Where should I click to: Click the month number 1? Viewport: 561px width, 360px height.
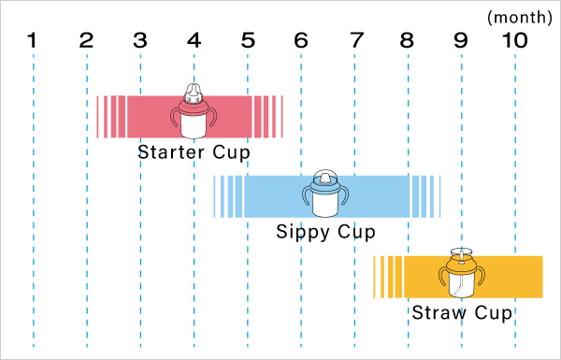(x=32, y=40)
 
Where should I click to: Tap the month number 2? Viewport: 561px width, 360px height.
(x=86, y=40)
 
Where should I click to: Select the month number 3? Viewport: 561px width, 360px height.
(x=140, y=40)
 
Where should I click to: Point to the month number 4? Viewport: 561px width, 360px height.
(x=194, y=40)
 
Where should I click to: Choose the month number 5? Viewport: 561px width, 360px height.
(x=248, y=40)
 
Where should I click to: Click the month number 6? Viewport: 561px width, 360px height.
(x=301, y=40)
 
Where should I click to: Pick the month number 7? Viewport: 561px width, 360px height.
(x=357, y=40)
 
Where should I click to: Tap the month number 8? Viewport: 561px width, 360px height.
(x=407, y=40)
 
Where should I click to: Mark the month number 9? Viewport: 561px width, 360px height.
(x=461, y=40)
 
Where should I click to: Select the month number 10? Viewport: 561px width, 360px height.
(x=515, y=40)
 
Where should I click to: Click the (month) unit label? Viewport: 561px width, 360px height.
(x=520, y=17)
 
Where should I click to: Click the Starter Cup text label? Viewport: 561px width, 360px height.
(x=194, y=152)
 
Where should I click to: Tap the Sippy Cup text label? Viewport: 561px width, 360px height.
(x=325, y=232)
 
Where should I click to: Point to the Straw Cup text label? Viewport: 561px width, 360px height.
(x=462, y=312)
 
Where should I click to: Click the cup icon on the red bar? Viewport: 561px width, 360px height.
(x=194, y=111)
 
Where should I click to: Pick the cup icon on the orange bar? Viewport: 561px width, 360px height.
(x=462, y=273)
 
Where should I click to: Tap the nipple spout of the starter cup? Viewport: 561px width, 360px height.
(x=194, y=93)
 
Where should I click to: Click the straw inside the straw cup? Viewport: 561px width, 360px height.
(x=460, y=276)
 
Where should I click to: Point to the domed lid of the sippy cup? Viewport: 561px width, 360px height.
(x=325, y=177)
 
